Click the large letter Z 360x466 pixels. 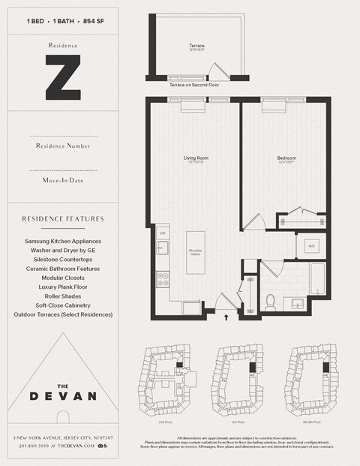(x=62, y=80)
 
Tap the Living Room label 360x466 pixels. (x=196, y=158)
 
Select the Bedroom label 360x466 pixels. (x=286, y=158)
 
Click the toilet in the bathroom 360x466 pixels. (x=271, y=302)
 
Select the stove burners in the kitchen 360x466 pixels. (x=161, y=279)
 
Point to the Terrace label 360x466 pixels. (x=196, y=47)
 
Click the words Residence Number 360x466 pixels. (x=62, y=146)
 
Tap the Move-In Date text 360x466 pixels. (x=62, y=180)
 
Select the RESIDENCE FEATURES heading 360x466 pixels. (x=62, y=219)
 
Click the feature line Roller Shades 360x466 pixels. (x=62, y=296)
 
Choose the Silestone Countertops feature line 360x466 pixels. (x=62, y=260)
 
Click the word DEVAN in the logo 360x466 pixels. (x=62, y=395)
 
